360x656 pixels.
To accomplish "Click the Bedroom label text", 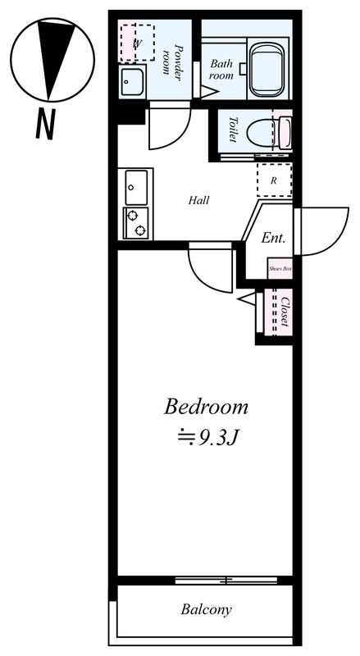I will pos(207,406).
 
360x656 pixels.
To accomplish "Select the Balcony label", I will pos(207,610).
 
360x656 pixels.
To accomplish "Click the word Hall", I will pos(198,199).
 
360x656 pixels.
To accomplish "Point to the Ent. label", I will pos(273,239).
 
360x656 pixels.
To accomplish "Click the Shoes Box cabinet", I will pos(280,268).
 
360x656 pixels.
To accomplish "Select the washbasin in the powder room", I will pos(132,82).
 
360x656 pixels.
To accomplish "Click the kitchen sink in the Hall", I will pos(136,188).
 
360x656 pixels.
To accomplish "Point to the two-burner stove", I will pos(136,223).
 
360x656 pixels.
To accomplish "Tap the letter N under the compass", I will pos(45,124).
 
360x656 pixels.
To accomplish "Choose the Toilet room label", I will pos(232,130).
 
